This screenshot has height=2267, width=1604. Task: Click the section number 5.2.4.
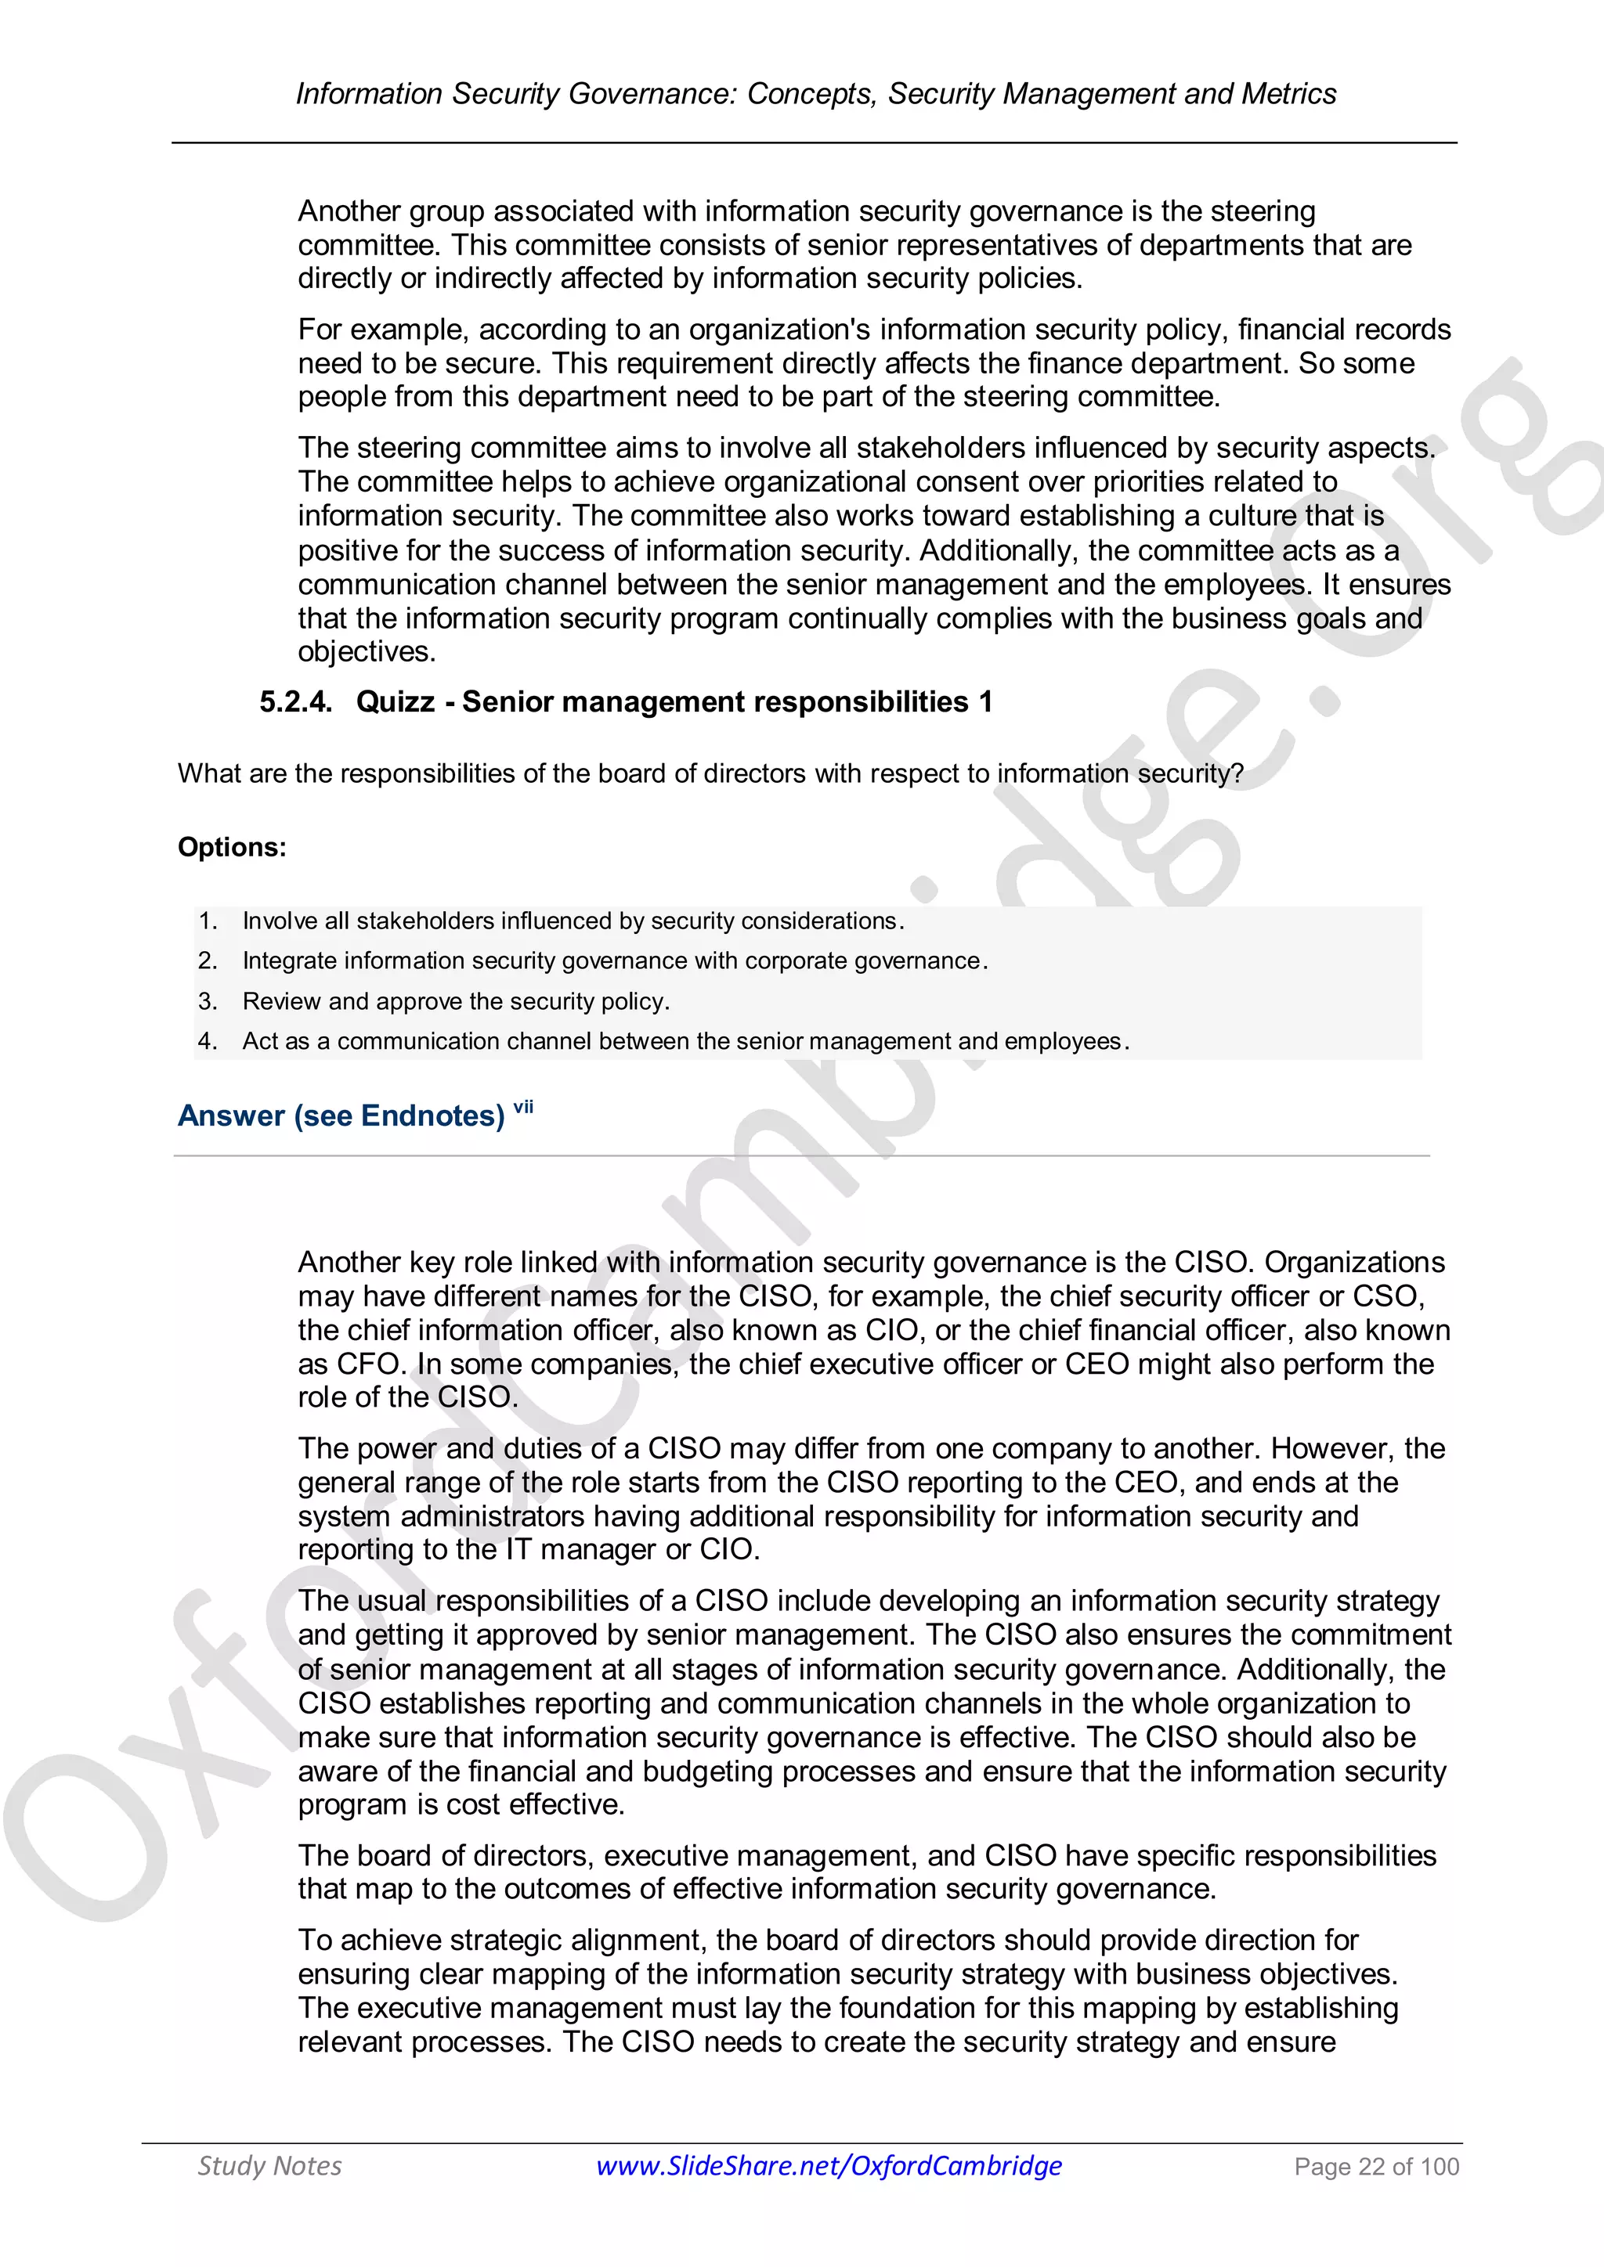click(x=295, y=702)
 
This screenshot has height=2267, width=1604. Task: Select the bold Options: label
click(x=232, y=847)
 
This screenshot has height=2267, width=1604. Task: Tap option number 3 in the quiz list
click(x=208, y=1001)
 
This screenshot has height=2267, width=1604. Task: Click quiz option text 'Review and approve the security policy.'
click(x=457, y=1001)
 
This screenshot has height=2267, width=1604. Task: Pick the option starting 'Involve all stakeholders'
click(x=573, y=921)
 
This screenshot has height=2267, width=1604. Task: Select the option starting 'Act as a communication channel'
click(x=685, y=1042)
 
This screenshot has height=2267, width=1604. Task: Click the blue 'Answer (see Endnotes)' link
click(x=341, y=1115)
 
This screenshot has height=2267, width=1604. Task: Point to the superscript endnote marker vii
click(x=523, y=1107)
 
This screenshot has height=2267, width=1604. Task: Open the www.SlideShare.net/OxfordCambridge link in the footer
click(x=829, y=2165)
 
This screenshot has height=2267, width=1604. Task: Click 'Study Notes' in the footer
click(x=269, y=2165)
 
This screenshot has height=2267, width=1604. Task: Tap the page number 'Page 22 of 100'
click(x=1376, y=2166)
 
